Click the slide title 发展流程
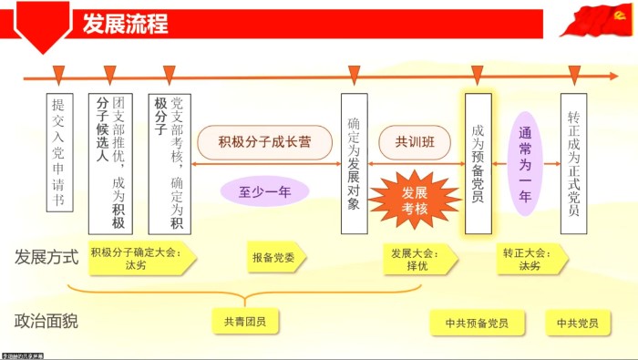(125, 23)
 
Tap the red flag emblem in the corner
(596, 20)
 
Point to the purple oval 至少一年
(264, 191)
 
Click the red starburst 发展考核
(414, 199)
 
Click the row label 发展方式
(46, 257)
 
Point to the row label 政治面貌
(46, 322)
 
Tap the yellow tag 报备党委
(274, 259)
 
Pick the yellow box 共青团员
(244, 322)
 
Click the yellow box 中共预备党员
(477, 323)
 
